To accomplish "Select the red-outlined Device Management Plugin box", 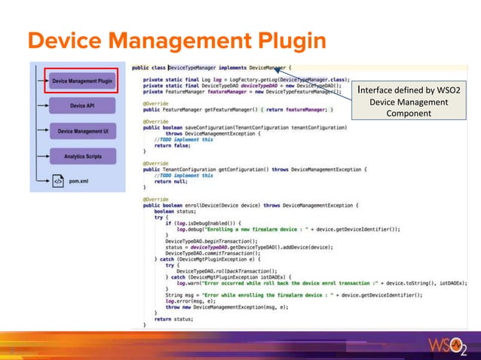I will click(82, 81).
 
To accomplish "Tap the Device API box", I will click(82, 106).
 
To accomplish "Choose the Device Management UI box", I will click(82, 132).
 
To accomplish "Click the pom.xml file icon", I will click(57, 181).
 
